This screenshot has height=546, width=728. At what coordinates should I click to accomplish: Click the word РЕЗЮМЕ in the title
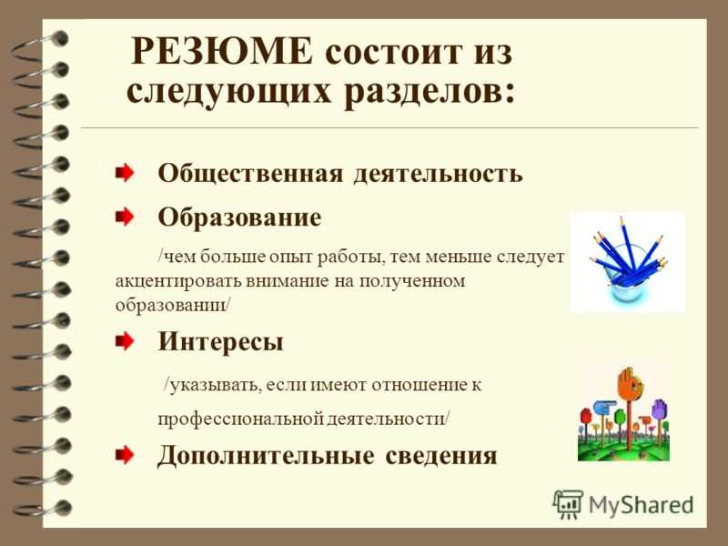point(222,51)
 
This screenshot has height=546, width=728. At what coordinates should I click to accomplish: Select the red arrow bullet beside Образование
point(125,217)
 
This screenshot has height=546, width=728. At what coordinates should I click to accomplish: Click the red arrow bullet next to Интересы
point(125,342)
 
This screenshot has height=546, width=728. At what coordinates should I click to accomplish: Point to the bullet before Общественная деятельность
point(125,173)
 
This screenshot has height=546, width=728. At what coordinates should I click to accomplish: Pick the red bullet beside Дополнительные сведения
point(125,455)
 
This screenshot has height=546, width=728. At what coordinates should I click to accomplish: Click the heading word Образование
point(239,217)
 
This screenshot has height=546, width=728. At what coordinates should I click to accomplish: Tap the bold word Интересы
point(220,343)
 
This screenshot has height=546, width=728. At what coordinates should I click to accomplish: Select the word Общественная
point(251,174)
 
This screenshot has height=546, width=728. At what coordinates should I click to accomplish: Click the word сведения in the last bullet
point(441,456)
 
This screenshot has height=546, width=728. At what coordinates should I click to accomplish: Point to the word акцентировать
point(177,282)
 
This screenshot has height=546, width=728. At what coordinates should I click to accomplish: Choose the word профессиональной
point(240,419)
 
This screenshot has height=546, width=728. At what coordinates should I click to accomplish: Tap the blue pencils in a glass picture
point(627,262)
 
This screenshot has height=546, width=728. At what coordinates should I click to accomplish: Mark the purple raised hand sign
point(659,409)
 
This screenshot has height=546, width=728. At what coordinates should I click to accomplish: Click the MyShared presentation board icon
point(568,504)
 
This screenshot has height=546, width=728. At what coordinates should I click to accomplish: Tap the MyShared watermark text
point(641,505)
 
